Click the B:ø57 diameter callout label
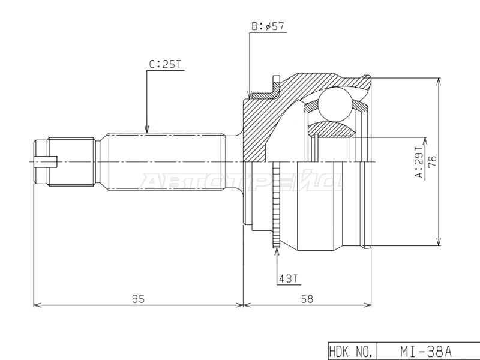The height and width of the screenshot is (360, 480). [268, 26]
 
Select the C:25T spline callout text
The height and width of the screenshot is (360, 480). [166, 64]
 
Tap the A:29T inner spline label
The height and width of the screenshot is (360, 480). [418, 162]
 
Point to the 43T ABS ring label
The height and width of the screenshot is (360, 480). [288, 278]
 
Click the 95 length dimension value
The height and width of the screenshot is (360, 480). [138, 299]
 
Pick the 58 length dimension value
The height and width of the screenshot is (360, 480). [307, 299]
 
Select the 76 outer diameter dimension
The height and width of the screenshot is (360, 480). [432, 162]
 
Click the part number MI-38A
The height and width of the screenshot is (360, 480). [426, 352]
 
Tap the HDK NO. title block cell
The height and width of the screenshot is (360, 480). [352, 351]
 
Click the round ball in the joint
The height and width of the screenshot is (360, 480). [335, 104]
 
